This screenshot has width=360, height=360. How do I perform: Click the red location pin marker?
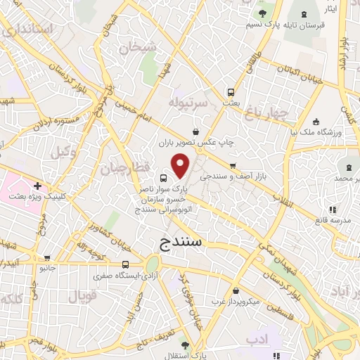[x=181, y=166]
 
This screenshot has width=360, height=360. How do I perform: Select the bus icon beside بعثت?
[x=231, y=92]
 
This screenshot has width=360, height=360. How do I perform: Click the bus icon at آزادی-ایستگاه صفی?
[x=125, y=265]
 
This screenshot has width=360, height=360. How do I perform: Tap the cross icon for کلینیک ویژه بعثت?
[x=37, y=186]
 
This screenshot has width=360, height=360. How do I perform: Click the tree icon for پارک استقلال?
[x=185, y=345]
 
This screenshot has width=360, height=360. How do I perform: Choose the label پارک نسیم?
[x=264, y=25]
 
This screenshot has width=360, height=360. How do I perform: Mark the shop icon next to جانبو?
[x=47, y=258]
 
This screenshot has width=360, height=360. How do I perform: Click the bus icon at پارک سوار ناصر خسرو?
[x=164, y=178]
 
